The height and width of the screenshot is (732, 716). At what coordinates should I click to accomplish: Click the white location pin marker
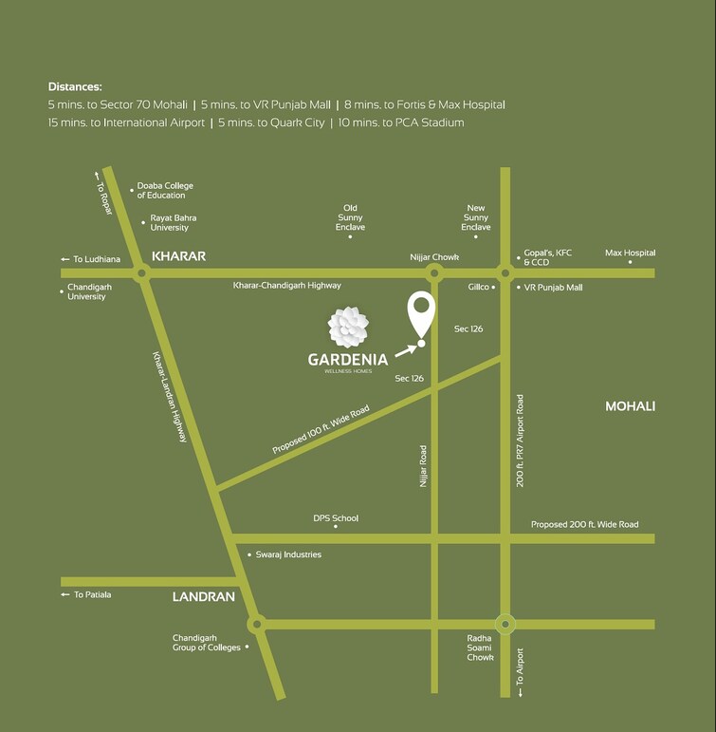421,313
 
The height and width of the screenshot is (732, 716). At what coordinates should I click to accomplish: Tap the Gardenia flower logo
347,327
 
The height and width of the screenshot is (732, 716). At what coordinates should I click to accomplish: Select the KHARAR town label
178,256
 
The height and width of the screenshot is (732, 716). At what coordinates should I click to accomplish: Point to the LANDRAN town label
203,597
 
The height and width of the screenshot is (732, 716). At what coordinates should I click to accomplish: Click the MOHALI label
630,406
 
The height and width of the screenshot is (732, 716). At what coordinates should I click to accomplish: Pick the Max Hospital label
630,253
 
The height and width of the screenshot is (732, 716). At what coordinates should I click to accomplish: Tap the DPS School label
336,518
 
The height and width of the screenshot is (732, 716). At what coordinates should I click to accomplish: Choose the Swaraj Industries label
288,554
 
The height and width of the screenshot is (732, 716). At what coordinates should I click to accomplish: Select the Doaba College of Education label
165,191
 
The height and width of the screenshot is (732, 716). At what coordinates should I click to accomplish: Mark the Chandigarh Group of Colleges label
206,643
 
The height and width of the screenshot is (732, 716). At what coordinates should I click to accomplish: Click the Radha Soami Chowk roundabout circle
505,624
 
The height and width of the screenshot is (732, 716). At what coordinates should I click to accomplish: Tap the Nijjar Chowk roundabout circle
434,273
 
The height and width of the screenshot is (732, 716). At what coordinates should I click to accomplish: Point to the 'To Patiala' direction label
91,594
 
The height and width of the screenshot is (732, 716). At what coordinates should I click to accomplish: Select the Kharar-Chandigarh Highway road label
287,285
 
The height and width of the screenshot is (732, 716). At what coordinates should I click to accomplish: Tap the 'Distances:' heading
75,86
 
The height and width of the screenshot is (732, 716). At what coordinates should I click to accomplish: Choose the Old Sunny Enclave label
351,217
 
